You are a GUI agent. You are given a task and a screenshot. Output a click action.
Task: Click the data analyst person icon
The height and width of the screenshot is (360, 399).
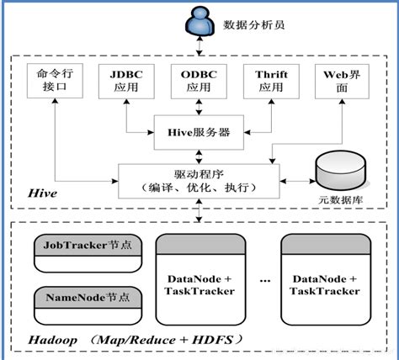click(x=197, y=24)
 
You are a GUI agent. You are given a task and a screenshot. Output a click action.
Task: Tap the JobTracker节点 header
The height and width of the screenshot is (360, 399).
click(x=86, y=246)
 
